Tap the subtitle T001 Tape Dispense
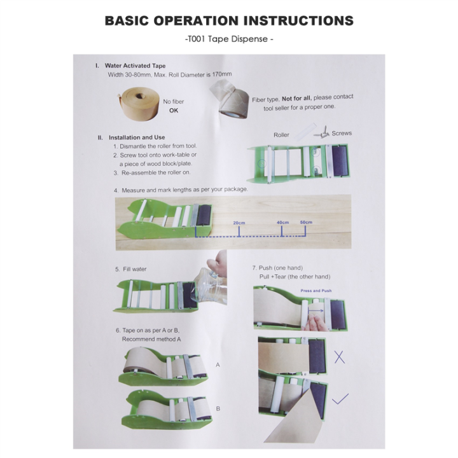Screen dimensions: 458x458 [x=229, y=39]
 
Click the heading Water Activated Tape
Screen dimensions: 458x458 [x=134, y=66]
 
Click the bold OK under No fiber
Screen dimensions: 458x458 [x=174, y=111]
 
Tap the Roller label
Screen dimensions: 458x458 [x=281, y=135]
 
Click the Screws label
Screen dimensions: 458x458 [x=342, y=134]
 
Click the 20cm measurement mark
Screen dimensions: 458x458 [x=239, y=223]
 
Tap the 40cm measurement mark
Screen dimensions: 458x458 [x=283, y=222]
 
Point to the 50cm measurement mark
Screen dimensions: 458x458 [x=306, y=222]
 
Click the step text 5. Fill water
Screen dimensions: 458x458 [x=131, y=269]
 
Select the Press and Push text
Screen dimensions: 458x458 [x=316, y=290]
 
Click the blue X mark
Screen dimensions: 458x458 [x=340, y=356]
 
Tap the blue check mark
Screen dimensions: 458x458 [x=342, y=399]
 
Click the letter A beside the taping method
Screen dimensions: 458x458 [x=218, y=365]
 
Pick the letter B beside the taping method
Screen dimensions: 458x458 [x=218, y=408]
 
